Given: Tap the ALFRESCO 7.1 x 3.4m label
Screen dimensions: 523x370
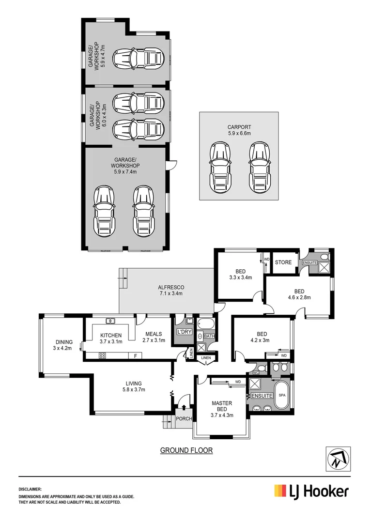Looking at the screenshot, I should [x=168, y=290].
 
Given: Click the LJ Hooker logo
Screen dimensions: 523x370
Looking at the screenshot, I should [x=311, y=492].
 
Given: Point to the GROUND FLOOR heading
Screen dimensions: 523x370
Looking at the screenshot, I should [x=186, y=450].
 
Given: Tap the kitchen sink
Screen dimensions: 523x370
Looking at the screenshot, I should [x=110, y=320].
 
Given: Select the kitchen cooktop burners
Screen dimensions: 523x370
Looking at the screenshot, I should [x=103, y=355].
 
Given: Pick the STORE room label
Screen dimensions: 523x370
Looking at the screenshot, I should [x=283, y=262].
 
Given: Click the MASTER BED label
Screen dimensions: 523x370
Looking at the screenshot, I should [x=222, y=406].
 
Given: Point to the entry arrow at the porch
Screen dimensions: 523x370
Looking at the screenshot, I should [x=183, y=402].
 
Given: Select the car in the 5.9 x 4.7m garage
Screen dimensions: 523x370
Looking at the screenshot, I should [x=137, y=59].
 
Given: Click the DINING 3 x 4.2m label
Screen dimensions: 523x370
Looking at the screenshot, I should [x=63, y=344].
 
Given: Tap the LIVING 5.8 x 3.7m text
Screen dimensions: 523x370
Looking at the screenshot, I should [x=132, y=385].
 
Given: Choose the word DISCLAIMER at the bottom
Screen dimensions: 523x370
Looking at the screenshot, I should [x=31, y=490].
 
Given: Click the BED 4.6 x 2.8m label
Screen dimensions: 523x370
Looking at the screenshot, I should [x=299, y=294].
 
